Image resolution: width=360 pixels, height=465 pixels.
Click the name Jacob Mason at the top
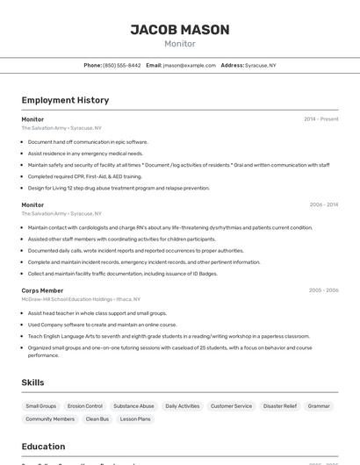[180, 30]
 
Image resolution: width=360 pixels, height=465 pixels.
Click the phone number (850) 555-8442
[121, 65]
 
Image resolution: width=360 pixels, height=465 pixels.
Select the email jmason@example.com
[189, 65]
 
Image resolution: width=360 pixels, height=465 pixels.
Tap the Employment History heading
[65, 100]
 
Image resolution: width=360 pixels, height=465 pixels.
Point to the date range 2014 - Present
[321, 119]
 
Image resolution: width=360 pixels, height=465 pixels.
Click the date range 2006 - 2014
[323, 204]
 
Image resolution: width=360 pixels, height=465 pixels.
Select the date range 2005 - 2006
[323, 290]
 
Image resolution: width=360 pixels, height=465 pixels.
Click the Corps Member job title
[42, 290]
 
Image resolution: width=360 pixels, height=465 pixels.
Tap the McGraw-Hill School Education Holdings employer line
[79, 299]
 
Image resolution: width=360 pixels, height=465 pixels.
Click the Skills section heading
[32, 383]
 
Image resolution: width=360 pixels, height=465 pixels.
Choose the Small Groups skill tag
[41, 406]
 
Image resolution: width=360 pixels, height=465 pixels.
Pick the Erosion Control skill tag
[85, 406]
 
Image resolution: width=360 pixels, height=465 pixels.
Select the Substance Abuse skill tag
[133, 406]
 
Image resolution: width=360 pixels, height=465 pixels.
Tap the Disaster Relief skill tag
[280, 406]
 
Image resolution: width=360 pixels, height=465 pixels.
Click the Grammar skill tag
[319, 406]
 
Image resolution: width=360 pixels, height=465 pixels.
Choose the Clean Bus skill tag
[97, 419]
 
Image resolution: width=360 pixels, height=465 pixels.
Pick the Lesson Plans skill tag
[135, 419]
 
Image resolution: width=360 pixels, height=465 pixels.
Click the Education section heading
[43, 447]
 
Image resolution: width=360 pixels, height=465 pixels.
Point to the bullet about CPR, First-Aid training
[84, 176]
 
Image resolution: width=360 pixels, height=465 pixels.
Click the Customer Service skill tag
[231, 406]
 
